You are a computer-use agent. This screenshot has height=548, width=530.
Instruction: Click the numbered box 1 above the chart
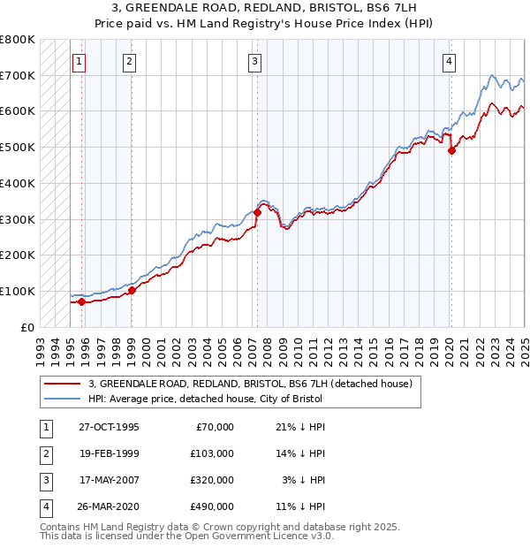point(79,61)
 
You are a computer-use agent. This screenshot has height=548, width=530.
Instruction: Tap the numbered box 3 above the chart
point(254,61)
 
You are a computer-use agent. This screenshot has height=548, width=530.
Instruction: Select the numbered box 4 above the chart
point(450,61)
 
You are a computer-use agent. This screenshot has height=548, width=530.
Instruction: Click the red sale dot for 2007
point(257,212)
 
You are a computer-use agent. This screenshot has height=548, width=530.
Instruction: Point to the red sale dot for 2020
point(451,150)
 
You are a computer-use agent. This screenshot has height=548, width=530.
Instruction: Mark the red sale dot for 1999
point(132,290)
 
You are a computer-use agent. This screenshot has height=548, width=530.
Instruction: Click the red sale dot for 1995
point(82,301)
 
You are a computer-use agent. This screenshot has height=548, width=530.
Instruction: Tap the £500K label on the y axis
point(17,147)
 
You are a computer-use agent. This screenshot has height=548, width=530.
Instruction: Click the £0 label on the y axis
point(26,327)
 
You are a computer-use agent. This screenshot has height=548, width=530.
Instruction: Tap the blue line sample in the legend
point(62,400)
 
